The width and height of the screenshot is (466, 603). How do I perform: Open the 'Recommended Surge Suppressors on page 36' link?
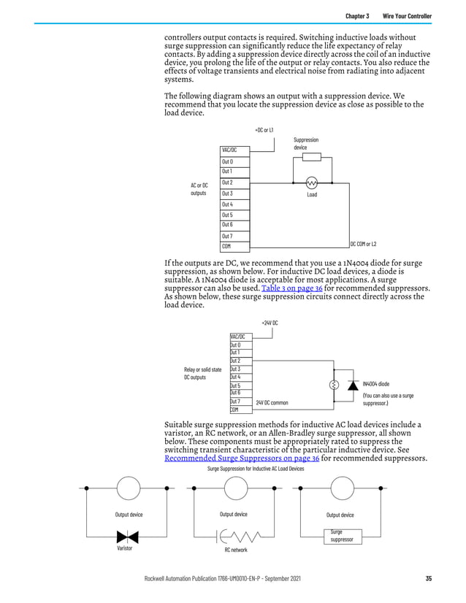242,458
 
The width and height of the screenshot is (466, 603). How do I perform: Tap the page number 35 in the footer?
428,579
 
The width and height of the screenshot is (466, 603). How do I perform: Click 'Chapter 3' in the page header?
357,16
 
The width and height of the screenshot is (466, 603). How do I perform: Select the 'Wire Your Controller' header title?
407,16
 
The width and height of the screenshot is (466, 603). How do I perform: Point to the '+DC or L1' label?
264,130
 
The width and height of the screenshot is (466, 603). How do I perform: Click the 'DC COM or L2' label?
363,244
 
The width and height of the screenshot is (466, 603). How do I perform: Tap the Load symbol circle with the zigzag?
312,183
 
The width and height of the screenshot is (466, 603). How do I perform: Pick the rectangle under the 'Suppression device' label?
312,157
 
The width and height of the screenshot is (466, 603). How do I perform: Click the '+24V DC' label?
270,322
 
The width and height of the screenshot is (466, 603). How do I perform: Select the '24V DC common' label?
272,402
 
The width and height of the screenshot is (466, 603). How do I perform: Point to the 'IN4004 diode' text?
376,384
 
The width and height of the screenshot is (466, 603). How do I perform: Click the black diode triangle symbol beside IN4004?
353,385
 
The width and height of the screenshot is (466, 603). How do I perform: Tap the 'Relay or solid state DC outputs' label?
202,373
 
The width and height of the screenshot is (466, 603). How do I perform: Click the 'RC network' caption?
236,550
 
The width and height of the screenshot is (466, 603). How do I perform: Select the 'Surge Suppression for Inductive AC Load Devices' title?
256,469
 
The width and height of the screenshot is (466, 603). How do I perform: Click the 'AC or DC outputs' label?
199,189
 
